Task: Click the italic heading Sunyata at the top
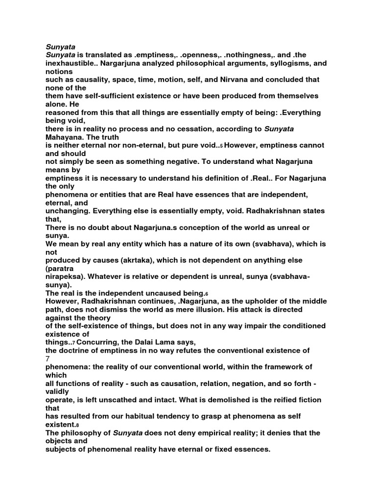pyautogui.click(x=59, y=47)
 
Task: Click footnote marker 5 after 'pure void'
pyautogui.click(x=221, y=146)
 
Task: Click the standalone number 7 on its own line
pyautogui.click(x=47, y=359)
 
